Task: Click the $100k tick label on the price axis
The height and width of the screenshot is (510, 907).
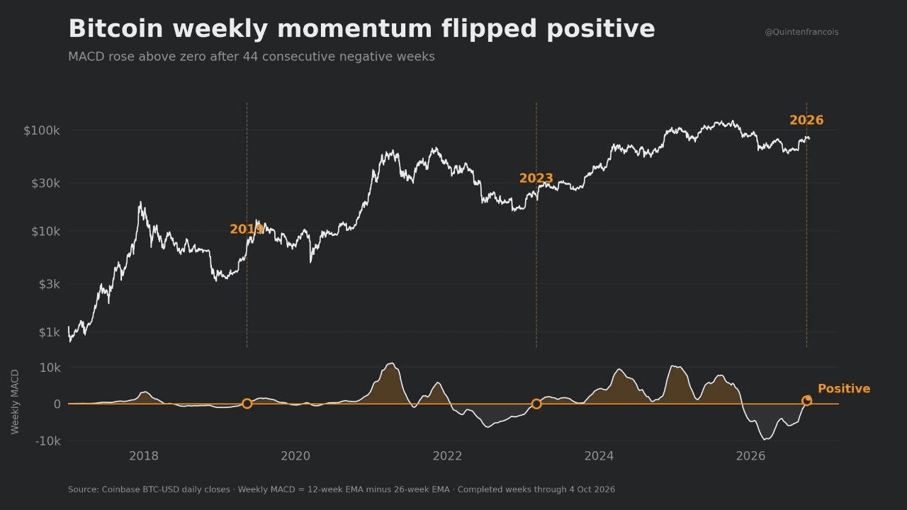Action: point(42,130)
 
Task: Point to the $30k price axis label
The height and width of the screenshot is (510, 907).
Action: point(45,183)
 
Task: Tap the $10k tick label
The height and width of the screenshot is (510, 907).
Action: point(45,232)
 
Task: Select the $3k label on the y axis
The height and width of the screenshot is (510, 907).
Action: point(50,284)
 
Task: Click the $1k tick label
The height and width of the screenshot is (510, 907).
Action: point(50,332)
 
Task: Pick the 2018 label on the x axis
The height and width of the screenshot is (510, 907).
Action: point(144,456)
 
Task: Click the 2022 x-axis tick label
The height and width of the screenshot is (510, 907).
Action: point(447,456)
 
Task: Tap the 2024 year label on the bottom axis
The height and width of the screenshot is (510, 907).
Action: point(599,456)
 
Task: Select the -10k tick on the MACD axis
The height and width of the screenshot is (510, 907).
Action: point(47,441)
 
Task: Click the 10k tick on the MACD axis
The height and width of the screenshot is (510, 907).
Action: point(50,368)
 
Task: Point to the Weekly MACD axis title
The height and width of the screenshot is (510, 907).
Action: point(15,402)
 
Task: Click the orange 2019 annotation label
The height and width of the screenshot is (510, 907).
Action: point(247,229)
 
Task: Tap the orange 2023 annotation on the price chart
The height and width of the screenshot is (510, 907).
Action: point(536,178)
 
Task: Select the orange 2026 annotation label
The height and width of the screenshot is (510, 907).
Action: point(806,120)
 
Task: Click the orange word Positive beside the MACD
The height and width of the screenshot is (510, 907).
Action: point(844,389)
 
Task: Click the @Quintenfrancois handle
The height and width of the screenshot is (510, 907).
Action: point(801,32)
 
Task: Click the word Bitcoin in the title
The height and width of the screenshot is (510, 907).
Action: point(116,29)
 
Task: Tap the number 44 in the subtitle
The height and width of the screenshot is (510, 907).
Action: point(249,56)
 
